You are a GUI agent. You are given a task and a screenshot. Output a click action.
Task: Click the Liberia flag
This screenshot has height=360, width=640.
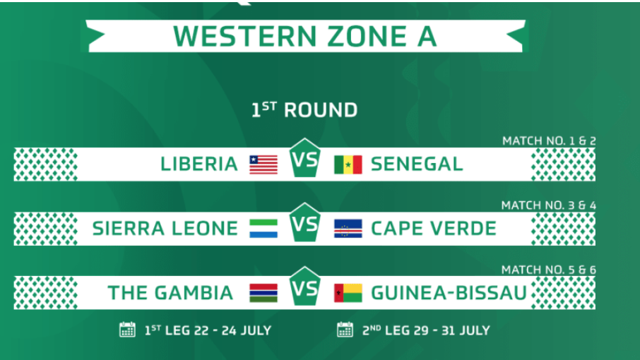coord(263,164)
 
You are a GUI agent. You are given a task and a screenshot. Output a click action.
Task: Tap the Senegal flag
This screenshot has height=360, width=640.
coord(348,164)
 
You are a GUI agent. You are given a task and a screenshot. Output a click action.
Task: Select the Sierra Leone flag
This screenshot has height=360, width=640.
coord(263,229)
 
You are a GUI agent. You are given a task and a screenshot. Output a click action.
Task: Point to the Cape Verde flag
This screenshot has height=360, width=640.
coord(348,229)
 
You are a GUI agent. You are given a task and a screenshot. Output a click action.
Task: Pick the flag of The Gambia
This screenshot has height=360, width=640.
coord(263,293)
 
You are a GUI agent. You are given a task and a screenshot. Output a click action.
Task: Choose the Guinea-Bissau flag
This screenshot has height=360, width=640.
coord(348,293)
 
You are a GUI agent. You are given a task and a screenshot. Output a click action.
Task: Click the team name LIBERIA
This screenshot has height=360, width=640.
coord(199,164)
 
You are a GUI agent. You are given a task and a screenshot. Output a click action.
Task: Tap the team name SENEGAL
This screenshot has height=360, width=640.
coord(417,164)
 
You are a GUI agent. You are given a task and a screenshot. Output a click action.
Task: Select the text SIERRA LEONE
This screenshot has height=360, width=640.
coord(165,229)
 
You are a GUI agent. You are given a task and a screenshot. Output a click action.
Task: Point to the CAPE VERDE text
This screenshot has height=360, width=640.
coord(434,229)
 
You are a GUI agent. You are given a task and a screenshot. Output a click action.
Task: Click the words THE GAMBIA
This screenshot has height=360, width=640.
coord(170,293)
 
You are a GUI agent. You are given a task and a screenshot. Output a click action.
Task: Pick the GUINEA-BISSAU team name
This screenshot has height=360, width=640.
coord(449,293)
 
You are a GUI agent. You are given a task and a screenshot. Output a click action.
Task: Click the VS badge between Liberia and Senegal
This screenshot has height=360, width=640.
coord(305,158)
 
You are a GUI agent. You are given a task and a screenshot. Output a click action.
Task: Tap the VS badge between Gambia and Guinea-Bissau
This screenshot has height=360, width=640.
coord(305,287)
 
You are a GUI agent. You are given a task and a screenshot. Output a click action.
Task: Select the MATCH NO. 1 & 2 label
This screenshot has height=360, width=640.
coord(549,141)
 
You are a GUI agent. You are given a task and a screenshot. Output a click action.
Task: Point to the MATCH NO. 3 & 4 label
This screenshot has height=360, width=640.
coord(549,205)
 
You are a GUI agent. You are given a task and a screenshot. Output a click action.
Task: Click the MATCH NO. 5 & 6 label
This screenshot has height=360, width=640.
coord(549,270)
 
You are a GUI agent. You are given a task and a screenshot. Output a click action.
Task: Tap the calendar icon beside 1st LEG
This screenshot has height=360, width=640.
coord(127,330)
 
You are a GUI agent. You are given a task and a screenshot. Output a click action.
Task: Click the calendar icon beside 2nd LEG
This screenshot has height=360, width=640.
coord(345,330)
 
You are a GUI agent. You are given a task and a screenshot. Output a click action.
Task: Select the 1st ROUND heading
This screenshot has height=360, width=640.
coord(304,110)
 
